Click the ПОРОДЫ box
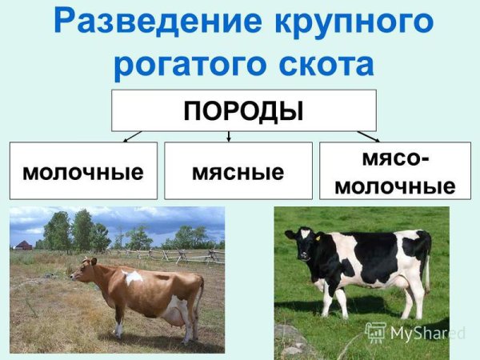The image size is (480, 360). (x=243, y=110)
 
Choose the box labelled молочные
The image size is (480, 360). (x=83, y=170)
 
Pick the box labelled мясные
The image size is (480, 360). (x=238, y=170)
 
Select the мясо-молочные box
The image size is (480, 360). (x=394, y=170)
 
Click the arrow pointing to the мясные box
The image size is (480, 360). (x=230, y=137)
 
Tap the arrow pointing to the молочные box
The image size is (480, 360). (x=133, y=137)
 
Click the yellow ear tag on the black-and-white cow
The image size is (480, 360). (x=316, y=237)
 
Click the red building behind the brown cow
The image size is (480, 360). (x=23, y=246)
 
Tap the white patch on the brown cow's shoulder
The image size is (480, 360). (x=132, y=278)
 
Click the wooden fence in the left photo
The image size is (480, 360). (x=188, y=255)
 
